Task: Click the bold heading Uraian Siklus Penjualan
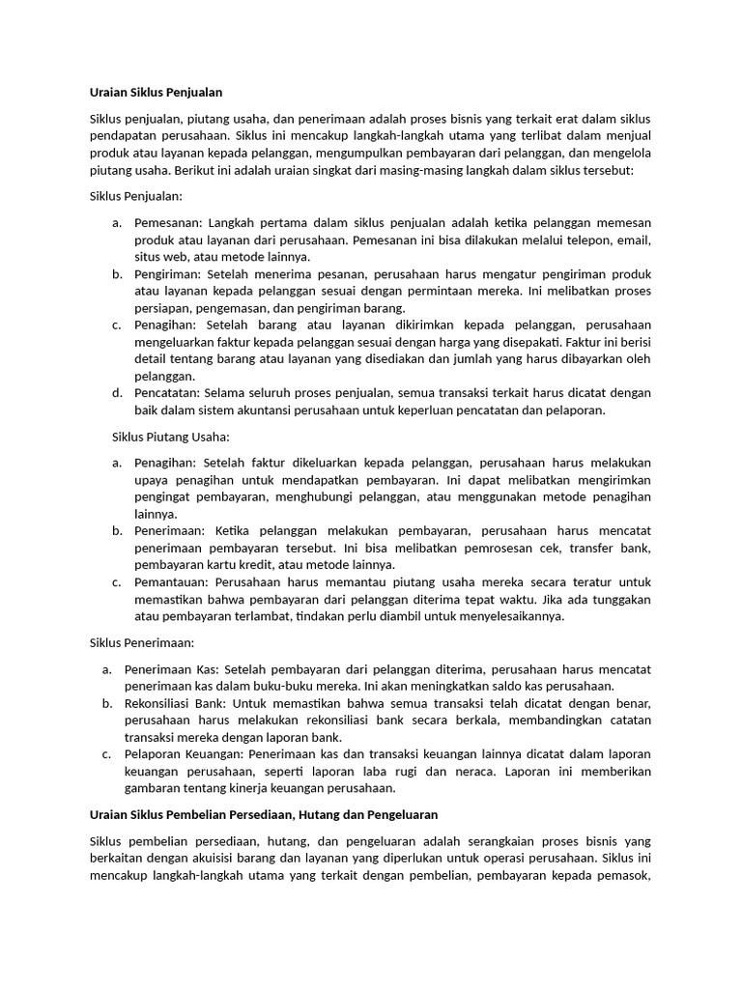156,93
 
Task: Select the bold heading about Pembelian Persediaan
264,816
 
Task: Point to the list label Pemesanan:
169,223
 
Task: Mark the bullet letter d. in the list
117,393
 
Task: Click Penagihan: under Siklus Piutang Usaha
168,463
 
